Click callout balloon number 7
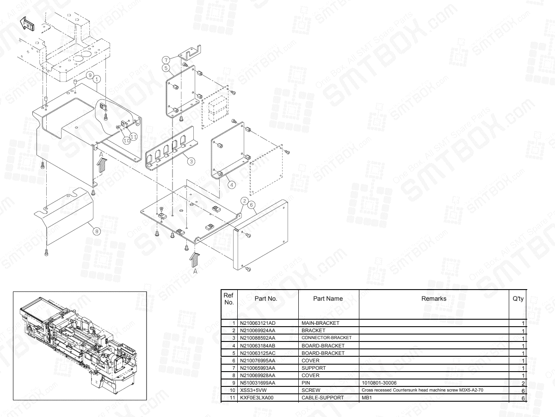coord(165,59)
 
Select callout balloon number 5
coord(165,67)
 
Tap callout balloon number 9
coord(91,74)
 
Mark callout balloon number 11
coord(133,136)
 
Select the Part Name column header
coord(328,299)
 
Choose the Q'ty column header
coord(518,299)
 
